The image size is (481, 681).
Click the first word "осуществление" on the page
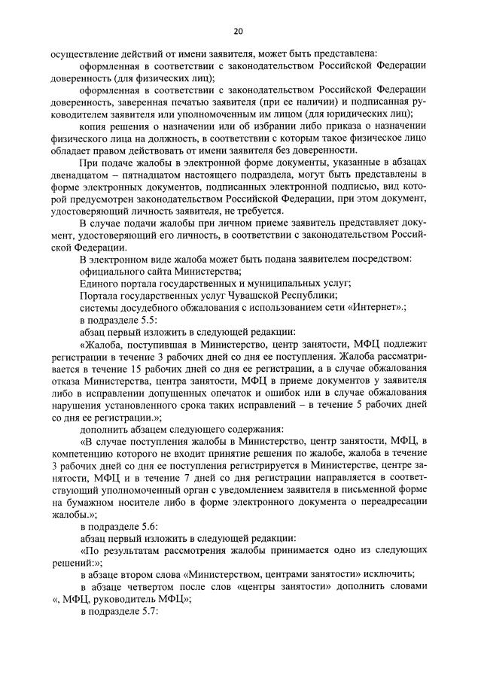pyautogui.click(x=84, y=53)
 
